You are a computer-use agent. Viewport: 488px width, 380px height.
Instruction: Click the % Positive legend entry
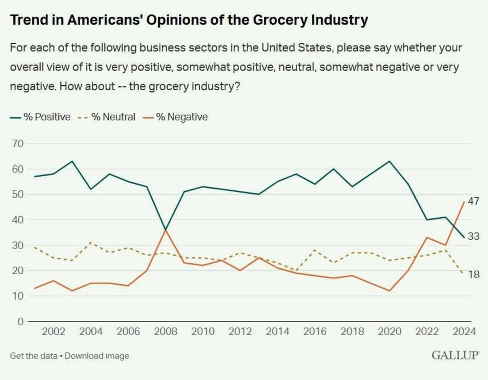click(x=40, y=117)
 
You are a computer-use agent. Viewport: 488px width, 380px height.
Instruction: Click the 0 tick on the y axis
click(x=20, y=321)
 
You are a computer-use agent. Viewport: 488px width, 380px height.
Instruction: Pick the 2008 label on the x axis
click(x=165, y=332)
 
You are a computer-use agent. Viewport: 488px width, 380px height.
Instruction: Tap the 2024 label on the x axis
click(x=465, y=332)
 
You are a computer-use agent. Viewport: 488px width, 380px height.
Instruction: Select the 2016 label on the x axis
click(x=315, y=332)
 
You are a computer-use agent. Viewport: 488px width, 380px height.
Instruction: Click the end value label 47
click(x=473, y=201)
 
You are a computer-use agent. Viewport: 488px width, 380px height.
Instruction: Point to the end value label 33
click(x=473, y=236)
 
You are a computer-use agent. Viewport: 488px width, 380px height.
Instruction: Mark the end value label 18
click(x=473, y=274)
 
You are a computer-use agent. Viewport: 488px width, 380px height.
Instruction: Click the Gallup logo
click(x=455, y=355)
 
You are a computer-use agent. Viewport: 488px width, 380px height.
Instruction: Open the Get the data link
click(x=33, y=356)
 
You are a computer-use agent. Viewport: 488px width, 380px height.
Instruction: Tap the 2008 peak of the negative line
click(x=165, y=230)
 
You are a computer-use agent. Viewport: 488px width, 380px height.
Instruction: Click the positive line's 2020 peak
click(x=389, y=161)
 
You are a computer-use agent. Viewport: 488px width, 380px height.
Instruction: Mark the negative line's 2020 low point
click(x=389, y=291)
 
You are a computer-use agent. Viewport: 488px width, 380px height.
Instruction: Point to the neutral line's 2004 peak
click(x=91, y=242)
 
